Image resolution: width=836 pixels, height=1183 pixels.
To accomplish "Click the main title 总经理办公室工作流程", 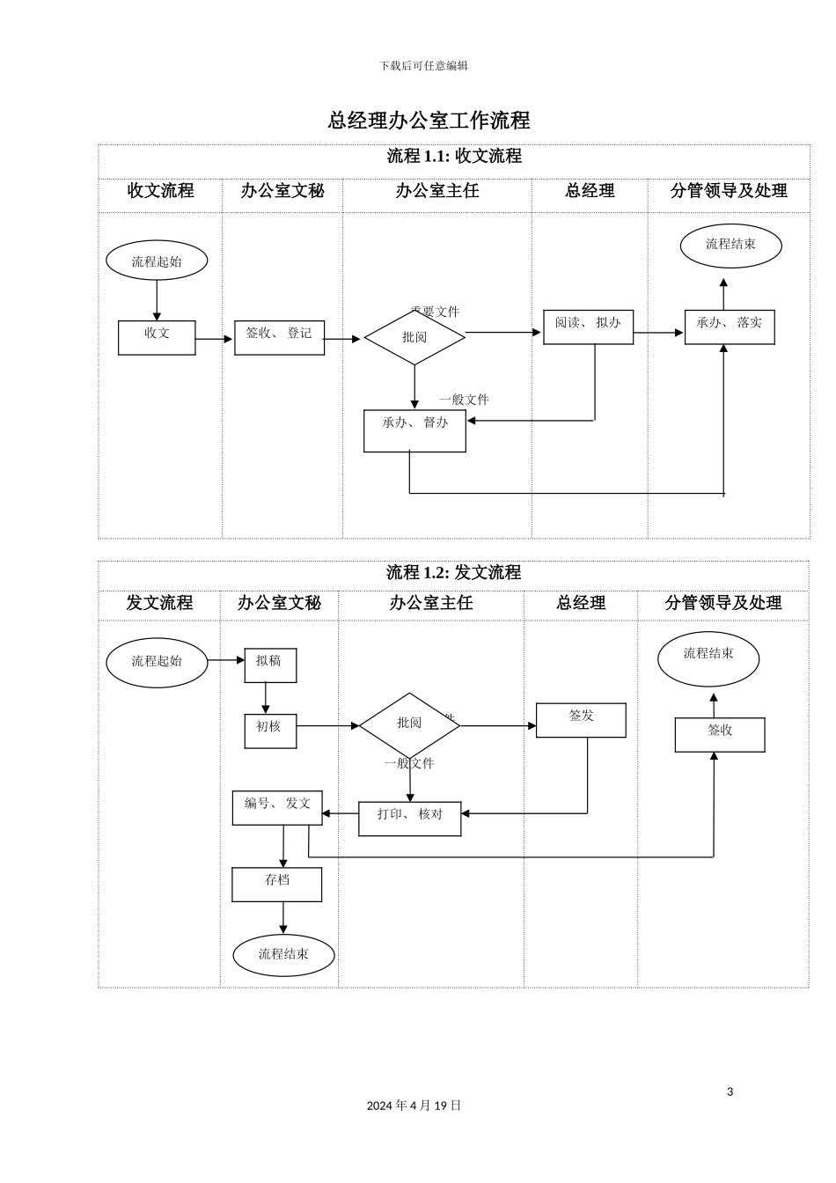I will [x=429, y=121].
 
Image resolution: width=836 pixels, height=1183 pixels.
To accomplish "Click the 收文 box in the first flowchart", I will [x=157, y=337].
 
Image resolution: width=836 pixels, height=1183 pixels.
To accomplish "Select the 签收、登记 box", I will [x=279, y=337].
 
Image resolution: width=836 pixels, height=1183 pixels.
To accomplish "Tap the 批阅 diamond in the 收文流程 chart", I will [x=414, y=337].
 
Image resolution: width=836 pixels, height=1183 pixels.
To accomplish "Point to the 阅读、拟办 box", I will [x=588, y=327].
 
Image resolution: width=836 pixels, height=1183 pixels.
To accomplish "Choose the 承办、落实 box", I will [x=730, y=327].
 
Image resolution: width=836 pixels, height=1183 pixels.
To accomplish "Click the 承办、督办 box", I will [x=414, y=430].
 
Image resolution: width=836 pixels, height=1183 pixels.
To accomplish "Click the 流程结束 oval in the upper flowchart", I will [x=730, y=246].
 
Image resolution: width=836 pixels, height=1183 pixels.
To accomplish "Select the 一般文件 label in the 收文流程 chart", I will [x=464, y=400].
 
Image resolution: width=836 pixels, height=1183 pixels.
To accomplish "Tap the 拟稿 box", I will [x=270, y=665].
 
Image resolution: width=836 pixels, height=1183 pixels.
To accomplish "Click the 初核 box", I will [x=270, y=731].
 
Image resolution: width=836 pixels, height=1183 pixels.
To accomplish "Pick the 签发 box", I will [x=581, y=719].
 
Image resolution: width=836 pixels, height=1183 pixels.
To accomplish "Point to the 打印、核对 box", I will [x=410, y=818].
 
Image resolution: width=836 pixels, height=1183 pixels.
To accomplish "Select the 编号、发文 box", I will [x=277, y=807].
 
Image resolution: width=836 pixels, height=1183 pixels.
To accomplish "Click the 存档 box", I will [x=276, y=884].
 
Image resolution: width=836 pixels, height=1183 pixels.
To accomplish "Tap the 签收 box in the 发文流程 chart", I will [x=720, y=734].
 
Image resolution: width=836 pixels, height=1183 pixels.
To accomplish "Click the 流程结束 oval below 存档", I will [x=283, y=955].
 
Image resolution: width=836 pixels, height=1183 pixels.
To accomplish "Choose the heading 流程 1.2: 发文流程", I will [x=453, y=573].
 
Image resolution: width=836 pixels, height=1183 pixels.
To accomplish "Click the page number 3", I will [x=730, y=1091].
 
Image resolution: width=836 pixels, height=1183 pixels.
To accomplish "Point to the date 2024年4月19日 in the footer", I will [x=414, y=1106].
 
